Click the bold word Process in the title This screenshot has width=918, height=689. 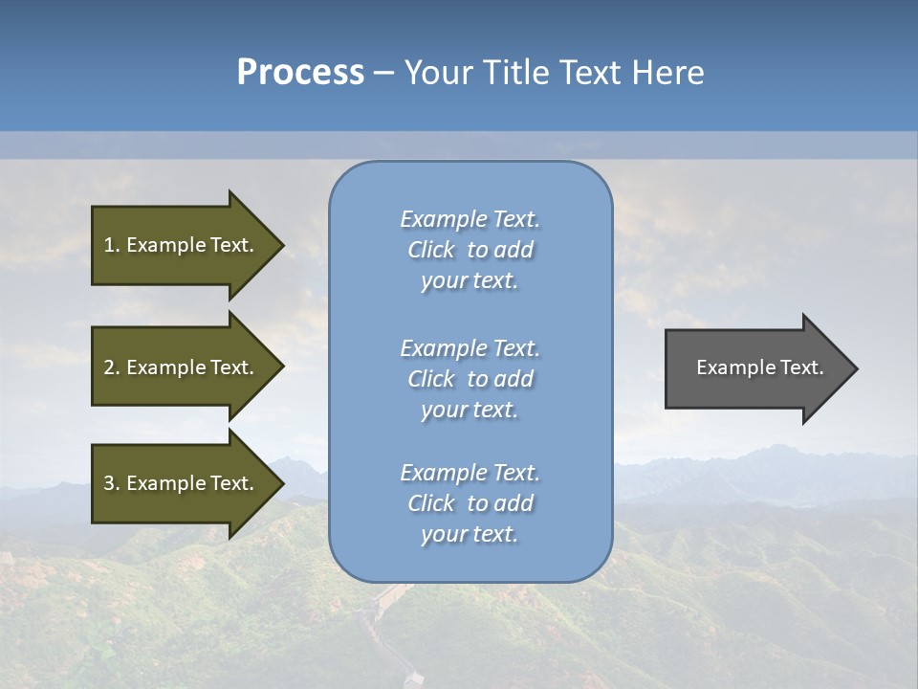click(x=300, y=73)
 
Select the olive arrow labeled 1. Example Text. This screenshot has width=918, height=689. click(x=182, y=245)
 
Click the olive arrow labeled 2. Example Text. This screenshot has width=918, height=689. click(x=182, y=367)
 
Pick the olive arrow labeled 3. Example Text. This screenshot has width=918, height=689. click(x=182, y=483)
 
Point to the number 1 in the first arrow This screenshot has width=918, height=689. click(x=110, y=245)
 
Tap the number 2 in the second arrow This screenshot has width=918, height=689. click(x=110, y=367)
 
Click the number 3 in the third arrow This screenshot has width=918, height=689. click(x=110, y=483)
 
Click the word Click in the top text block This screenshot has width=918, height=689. click(x=431, y=250)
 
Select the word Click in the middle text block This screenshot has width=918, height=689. click(x=431, y=379)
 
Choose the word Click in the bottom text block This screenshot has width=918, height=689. click(x=431, y=503)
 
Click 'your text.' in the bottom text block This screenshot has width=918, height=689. click(x=470, y=535)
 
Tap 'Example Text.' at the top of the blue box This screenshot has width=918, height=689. click(x=470, y=219)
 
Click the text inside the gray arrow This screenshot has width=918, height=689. click(x=760, y=367)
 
